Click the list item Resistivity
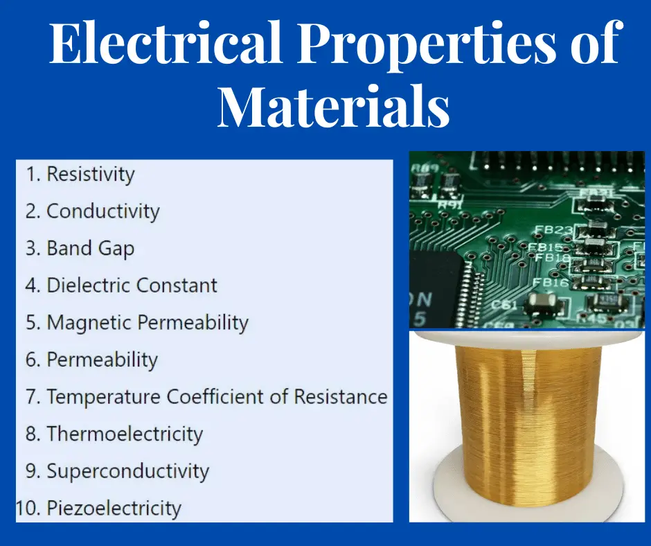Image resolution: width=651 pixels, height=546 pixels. (x=90, y=174)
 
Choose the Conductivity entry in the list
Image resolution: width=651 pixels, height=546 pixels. (x=102, y=211)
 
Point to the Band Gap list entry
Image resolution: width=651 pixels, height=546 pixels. (x=90, y=248)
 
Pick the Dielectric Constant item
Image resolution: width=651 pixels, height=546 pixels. (x=132, y=285)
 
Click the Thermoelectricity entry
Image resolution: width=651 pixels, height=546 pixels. (x=125, y=434)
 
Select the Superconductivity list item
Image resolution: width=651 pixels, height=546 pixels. (x=127, y=472)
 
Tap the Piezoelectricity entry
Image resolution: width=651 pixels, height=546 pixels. (x=114, y=509)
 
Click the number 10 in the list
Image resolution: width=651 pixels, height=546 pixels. (x=26, y=509)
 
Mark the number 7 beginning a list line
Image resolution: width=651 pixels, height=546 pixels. (x=33, y=398)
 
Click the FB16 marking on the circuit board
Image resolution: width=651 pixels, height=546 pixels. (x=550, y=283)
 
